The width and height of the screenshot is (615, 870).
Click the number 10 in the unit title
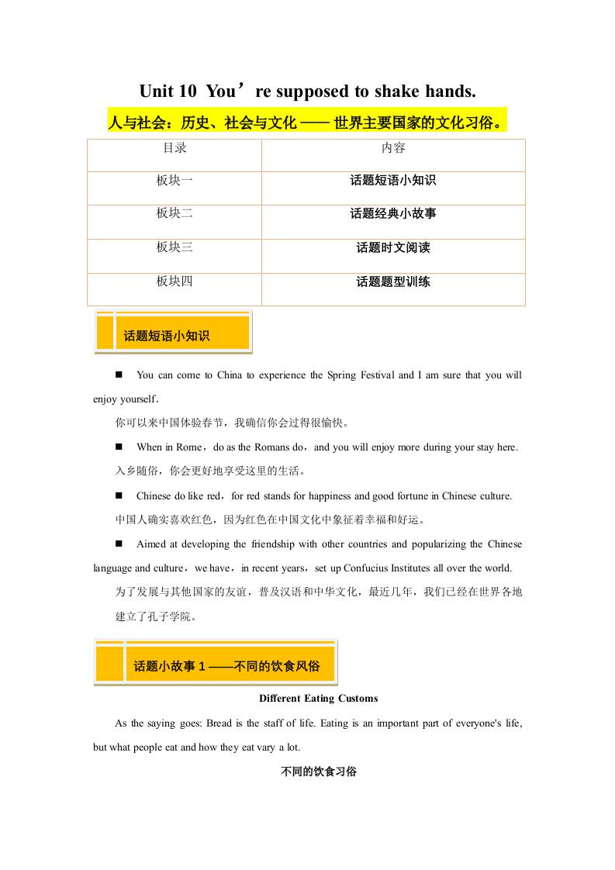click(188, 91)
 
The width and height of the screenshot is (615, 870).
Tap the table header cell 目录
click(174, 147)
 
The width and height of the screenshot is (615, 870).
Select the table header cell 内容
click(393, 147)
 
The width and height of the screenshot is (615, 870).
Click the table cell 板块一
click(174, 181)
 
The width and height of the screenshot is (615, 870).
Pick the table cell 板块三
click(174, 247)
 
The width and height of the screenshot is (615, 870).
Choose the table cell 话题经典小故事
click(393, 213)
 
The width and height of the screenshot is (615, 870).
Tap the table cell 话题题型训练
click(393, 281)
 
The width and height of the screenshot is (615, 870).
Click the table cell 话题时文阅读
click(393, 247)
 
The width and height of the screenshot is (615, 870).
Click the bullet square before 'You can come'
click(119, 375)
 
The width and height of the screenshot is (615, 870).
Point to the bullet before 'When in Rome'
click(119, 447)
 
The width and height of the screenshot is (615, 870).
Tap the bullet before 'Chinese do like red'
click(119, 495)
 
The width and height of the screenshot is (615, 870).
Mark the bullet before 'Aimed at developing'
click(119, 544)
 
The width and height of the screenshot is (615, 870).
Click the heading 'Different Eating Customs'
click(319, 699)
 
